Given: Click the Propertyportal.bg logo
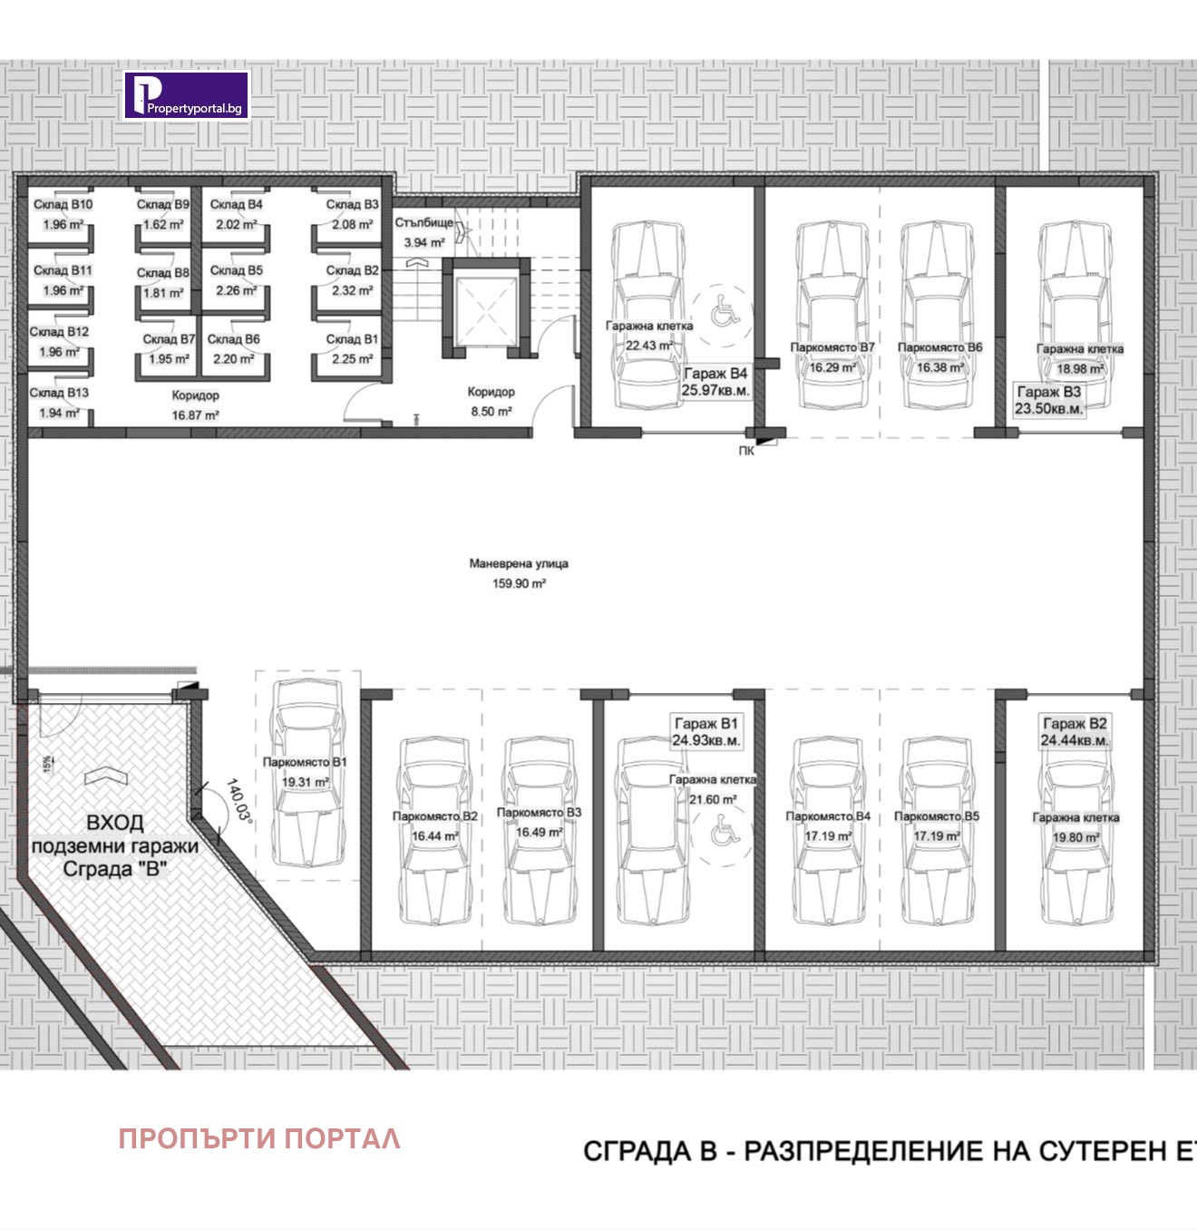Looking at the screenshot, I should click(186, 95).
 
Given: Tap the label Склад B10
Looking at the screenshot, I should click(63, 205).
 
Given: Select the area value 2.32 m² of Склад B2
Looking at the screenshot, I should click(352, 290).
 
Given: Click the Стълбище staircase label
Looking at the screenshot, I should click(423, 222).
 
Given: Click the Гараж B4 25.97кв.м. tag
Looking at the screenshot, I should click(715, 382).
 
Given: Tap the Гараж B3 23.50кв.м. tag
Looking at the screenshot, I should click(1048, 400).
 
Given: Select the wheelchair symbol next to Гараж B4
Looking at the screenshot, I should click(723, 312).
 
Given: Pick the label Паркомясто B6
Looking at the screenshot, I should click(939, 347).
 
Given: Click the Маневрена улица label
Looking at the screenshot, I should click(519, 563).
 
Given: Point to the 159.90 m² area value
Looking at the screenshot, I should click(519, 584).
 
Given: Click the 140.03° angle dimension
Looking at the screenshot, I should click(238, 800).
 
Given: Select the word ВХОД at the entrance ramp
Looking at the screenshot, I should click(114, 823).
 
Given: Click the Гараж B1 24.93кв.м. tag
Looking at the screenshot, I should click(706, 732).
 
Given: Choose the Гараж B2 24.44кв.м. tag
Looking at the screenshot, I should click(1075, 732).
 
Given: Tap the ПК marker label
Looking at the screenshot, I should click(746, 451).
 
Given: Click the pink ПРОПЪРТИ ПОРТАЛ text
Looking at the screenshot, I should click(259, 1139).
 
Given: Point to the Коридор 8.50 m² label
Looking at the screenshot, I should click(491, 401).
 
